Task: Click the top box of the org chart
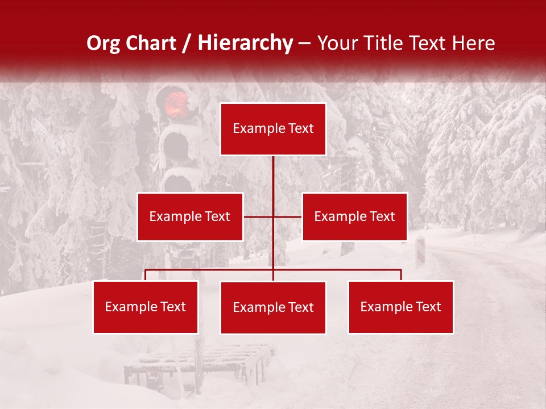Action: (x=273, y=129)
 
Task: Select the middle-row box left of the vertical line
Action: (x=190, y=216)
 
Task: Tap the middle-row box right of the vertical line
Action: (x=354, y=216)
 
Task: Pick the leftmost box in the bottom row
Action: (x=146, y=307)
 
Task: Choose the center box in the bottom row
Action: (x=273, y=307)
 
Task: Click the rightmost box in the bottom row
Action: (x=400, y=307)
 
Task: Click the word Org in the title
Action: (x=103, y=43)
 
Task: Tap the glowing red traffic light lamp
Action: (x=176, y=104)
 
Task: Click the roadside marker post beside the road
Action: (x=420, y=250)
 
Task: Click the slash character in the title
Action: (x=186, y=44)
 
